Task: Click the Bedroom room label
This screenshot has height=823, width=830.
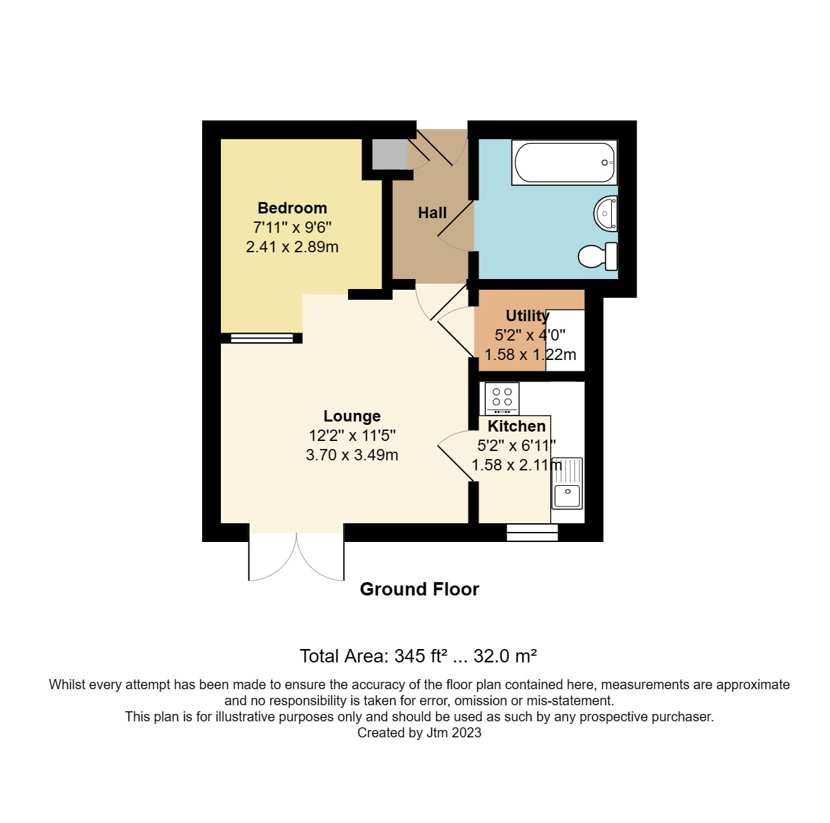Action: click(x=292, y=208)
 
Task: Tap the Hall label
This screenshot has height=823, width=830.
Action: click(x=432, y=213)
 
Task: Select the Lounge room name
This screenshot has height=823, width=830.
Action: click(x=352, y=416)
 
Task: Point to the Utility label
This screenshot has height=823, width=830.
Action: click(x=527, y=316)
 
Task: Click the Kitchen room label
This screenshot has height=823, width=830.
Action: click(x=517, y=426)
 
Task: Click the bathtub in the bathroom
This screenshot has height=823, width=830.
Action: click(x=564, y=163)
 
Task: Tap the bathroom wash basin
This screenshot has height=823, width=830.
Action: click(x=605, y=213)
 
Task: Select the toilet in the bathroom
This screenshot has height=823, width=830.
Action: click(x=598, y=256)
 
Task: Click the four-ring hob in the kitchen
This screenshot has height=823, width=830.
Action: click(x=502, y=398)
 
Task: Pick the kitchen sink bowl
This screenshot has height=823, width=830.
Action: click(x=567, y=495)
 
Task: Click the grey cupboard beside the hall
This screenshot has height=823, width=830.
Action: click(x=390, y=154)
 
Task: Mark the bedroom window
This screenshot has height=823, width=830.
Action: click(x=262, y=338)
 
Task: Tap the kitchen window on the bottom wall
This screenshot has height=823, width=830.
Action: click(x=532, y=533)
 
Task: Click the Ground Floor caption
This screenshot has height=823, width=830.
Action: click(x=419, y=589)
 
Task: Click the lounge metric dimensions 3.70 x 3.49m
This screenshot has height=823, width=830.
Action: click(x=352, y=455)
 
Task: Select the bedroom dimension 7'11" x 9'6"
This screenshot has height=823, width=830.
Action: click(x=292, y=227)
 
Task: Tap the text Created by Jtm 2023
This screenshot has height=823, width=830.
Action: click(x=419, y=733)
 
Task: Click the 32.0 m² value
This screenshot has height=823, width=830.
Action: click(x=505, y=656)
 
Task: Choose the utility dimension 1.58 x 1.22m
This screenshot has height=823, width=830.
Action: click(x=530, y=355)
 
